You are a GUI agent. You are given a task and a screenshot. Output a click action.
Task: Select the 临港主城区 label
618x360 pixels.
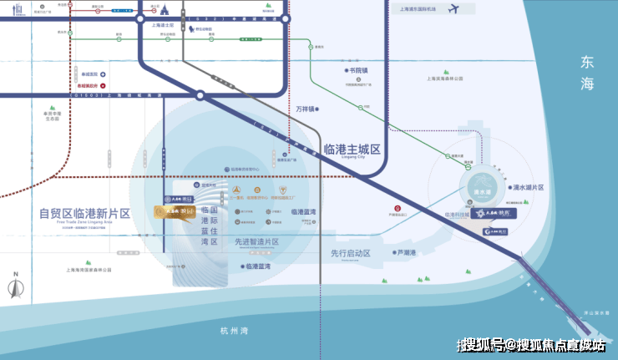(x=351, y=150)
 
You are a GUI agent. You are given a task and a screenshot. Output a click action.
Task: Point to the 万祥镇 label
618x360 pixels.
(x=307, y=109)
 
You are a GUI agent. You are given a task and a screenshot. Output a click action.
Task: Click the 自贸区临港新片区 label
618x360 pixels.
(x=85, y=213)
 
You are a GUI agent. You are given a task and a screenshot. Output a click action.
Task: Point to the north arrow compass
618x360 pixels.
(x=15, y=286)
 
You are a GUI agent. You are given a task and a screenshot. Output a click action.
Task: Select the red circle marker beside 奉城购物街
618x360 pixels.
(x=103, y=86)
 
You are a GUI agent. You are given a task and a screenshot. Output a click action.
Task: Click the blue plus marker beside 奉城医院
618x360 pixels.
(x=103, y=74)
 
